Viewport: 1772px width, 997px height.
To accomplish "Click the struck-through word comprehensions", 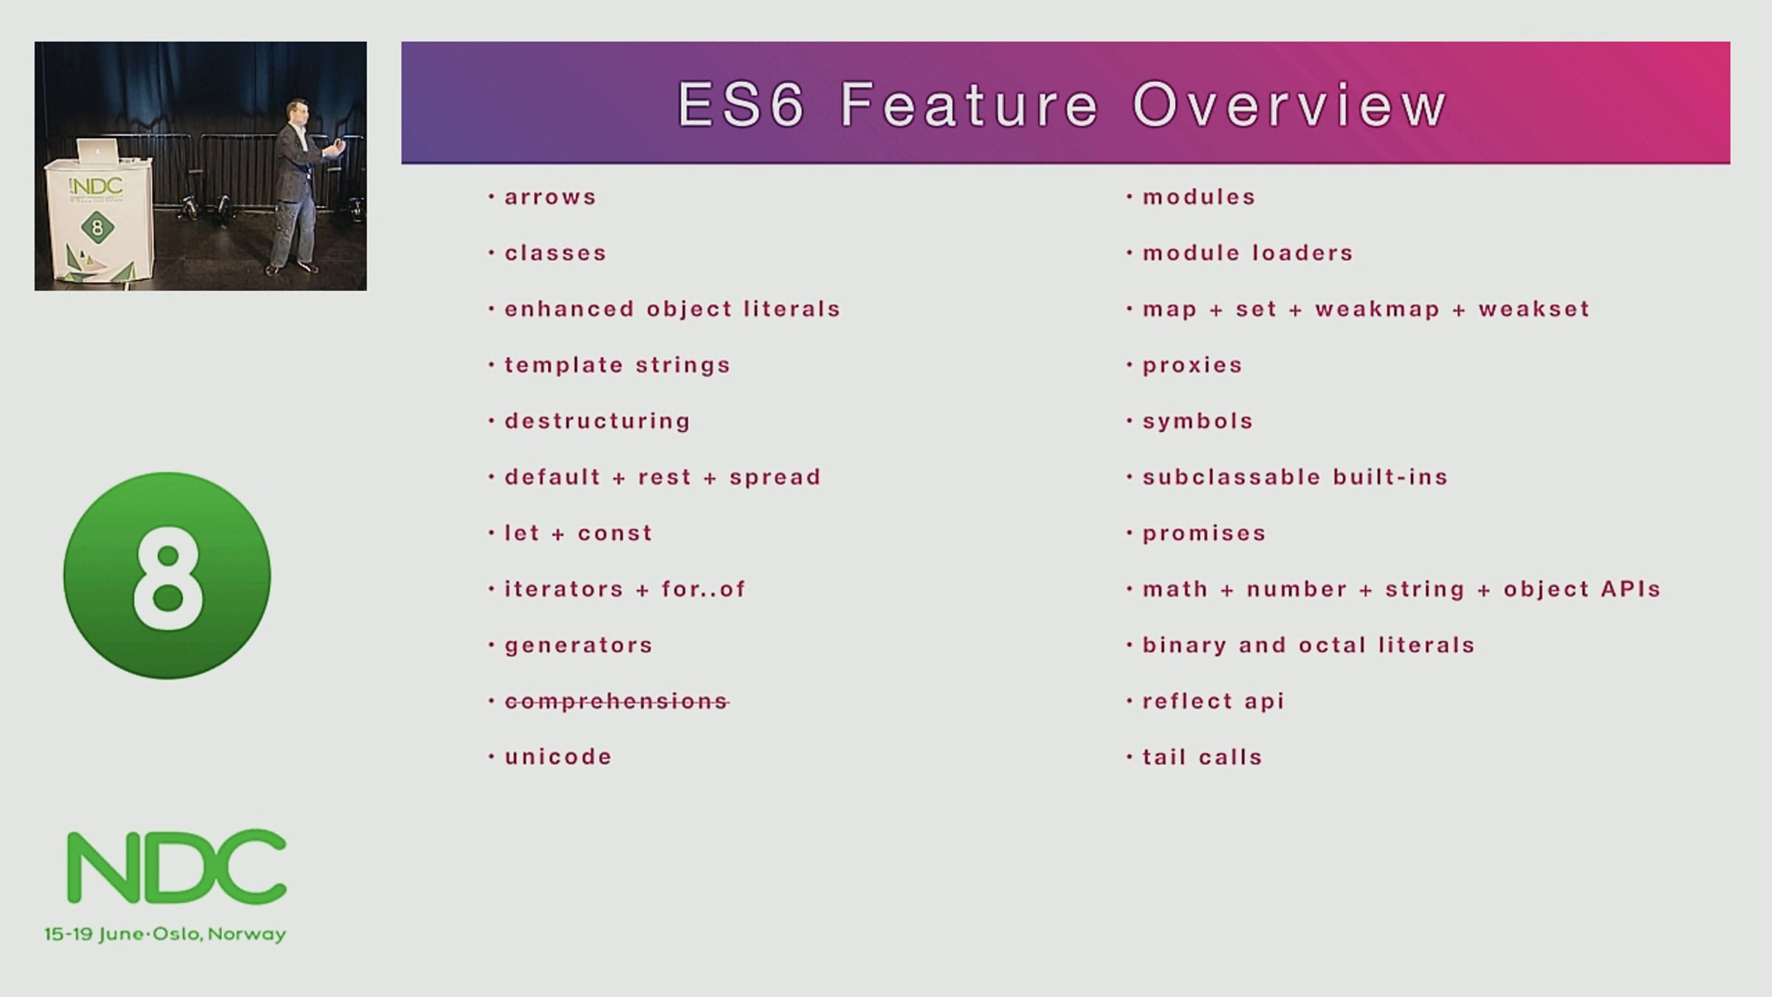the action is coord(617,701).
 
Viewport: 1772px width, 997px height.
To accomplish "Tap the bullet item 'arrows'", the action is coord(550,197).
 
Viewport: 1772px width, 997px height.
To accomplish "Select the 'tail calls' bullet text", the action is coord(1202,757).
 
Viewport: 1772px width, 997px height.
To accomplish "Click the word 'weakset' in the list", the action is coord(1534,309).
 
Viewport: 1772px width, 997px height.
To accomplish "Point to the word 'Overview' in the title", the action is coord(1289,105).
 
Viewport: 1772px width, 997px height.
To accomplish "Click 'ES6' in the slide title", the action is coord(741,105).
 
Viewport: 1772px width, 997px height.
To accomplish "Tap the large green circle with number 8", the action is coord(167,575).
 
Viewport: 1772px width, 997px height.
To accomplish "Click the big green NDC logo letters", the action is coord(176,867).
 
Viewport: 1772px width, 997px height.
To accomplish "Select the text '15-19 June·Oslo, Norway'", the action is coord(165,934).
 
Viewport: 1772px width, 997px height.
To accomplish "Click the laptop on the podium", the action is coord(97,151).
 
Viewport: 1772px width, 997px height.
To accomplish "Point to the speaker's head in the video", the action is coord(298,112).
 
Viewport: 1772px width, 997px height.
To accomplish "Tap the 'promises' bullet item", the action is coord(1204,534).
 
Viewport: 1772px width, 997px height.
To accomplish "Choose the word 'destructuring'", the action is coord(597,422).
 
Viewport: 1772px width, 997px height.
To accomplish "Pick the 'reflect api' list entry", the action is coord(1213,701).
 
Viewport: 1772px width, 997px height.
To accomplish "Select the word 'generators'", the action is coord(579,645).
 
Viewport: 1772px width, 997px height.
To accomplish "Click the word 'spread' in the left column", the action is coord(775,478).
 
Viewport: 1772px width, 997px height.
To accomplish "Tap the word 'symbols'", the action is coord(1198,422).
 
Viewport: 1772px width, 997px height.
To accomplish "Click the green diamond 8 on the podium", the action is coord(97,227).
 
